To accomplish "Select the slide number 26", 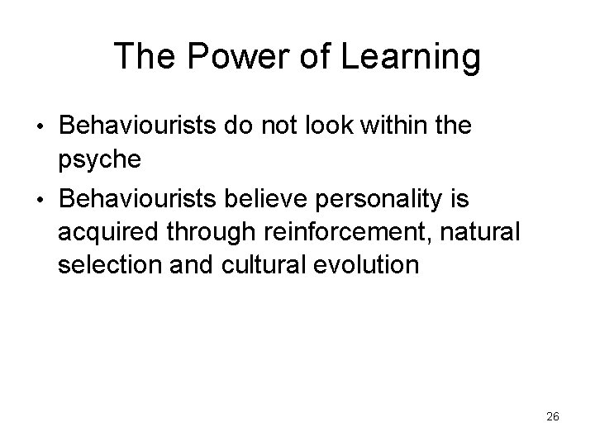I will (553, 417).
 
